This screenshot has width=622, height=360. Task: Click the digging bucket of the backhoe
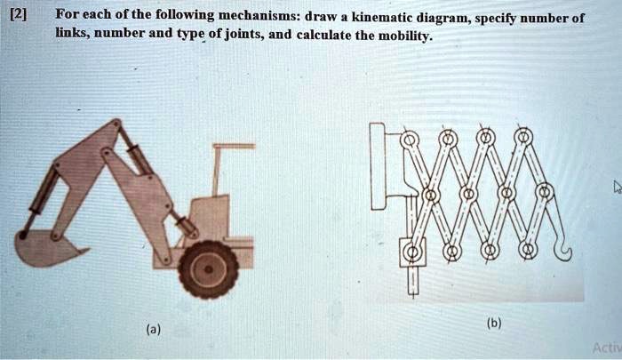tap(44, 248)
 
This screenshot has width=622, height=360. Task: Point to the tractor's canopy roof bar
tap(235, 146)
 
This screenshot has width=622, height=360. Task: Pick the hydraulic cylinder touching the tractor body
tap(186, 221)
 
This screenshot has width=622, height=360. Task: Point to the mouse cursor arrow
tap(614, 187)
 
